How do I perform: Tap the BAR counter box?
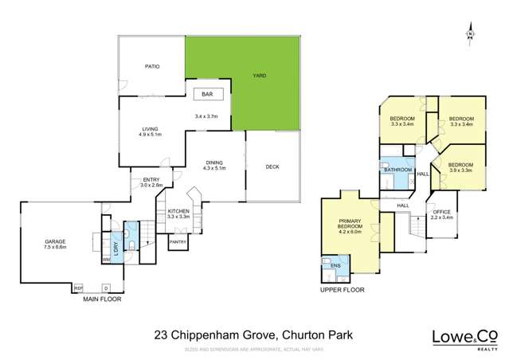[207, 94]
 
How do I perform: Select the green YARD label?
[260, 76]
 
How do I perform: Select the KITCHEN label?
[178, 211]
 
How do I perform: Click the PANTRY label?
[178, 242]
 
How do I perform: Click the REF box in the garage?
[78, 288]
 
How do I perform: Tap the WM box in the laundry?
[105, 260]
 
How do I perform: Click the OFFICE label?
[442, 212]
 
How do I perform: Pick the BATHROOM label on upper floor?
[397, 170]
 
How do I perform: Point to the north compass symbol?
[472, 33]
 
